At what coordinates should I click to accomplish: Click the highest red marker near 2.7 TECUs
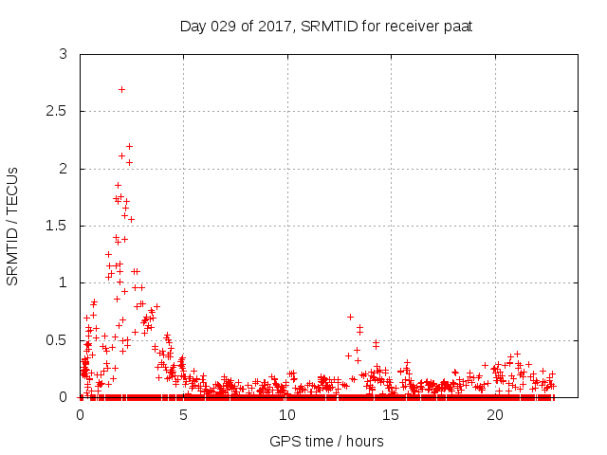[121, 89]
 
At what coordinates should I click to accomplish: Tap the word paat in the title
[457, 26]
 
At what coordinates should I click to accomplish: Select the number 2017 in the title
[275, 26]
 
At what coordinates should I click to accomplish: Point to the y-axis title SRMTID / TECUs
[13, 226]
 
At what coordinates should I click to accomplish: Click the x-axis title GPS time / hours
[326, 441]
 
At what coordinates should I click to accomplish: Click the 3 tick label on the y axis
[64, 54]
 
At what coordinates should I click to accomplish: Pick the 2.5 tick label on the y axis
[58, 111]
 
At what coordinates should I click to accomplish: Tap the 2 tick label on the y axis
[64, 169]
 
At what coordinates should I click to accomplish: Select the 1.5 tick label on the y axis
[58, 226]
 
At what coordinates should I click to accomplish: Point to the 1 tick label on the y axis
[64, 282]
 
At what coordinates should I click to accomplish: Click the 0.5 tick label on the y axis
[58, 340]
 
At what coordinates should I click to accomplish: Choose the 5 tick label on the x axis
[184, 415]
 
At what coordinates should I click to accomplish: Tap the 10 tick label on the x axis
[287, 415]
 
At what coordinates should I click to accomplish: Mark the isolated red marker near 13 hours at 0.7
[350, 317]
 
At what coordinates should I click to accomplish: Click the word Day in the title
[193, 26]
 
